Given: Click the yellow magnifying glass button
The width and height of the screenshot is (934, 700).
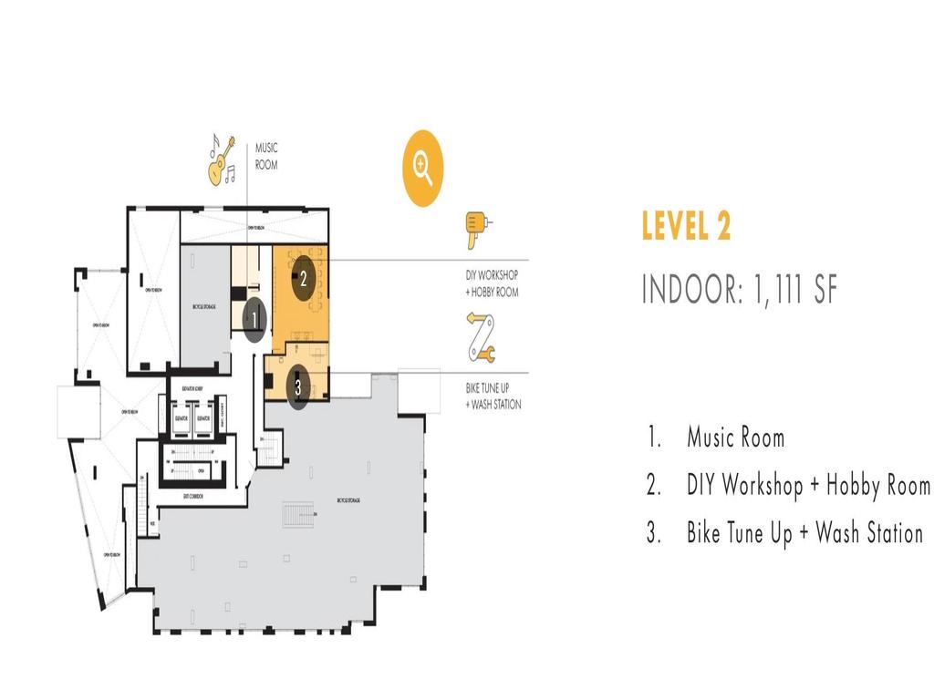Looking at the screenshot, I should (422, 168).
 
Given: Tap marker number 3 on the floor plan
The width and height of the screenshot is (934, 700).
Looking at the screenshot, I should (297, 387).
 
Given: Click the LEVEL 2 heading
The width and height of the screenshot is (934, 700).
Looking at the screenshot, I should (686, 226).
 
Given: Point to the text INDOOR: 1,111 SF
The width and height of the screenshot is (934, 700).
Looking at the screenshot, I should (739, 289).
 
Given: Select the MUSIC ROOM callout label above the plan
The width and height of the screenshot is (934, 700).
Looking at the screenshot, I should (266, 156).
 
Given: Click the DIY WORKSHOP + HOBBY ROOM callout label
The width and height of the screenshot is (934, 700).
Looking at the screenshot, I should (492, 283).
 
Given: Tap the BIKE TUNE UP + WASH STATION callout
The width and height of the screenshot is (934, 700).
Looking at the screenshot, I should (493, 396).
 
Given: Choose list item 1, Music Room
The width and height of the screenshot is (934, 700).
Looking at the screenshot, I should (716, 437).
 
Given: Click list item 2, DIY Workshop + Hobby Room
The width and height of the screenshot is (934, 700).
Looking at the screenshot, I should (789, 485).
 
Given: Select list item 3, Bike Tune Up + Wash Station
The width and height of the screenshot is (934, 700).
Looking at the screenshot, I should (785, 533).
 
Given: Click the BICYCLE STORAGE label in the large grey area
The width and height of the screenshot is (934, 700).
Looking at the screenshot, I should (348, 500).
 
